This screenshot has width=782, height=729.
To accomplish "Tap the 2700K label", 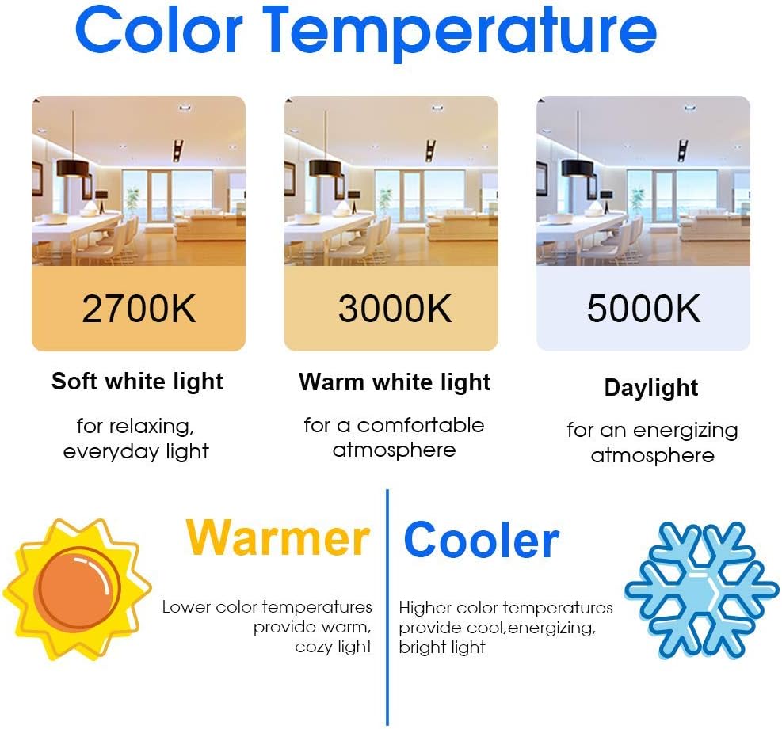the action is pos(139,309).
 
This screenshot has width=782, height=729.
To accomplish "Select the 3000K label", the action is pos(395,309).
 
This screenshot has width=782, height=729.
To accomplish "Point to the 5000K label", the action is pos(643,309).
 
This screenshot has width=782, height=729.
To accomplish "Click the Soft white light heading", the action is pos(138,382).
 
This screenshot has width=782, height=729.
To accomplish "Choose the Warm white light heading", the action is pos(395,382).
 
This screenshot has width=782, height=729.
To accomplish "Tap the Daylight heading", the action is pos(650,388).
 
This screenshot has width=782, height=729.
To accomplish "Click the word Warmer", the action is pos(277,538).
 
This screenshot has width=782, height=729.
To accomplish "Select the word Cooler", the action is pos(481,540).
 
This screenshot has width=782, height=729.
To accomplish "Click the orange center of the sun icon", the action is pos(80,588).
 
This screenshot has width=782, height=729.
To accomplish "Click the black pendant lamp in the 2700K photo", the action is pos(73,168).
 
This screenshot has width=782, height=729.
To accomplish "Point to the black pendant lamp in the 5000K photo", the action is pos(578,168).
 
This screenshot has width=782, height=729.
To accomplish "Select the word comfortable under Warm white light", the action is pos(421,426).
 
